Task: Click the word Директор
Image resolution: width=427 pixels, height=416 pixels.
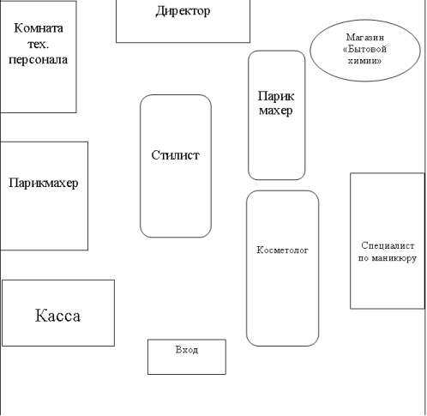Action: point(183,11)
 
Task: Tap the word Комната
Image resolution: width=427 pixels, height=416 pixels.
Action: point(39,28)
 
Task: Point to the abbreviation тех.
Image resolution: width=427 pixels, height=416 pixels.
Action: point(39,44)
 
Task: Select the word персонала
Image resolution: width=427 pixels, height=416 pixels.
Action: point(39,60)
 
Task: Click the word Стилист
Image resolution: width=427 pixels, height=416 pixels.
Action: point(175,155)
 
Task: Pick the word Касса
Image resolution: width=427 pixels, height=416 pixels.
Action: point(57,316)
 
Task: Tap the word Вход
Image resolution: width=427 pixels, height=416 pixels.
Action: point(187,350)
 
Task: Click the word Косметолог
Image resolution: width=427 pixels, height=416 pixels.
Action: point(282,250)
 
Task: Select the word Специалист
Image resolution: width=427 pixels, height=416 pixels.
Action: point(388,245)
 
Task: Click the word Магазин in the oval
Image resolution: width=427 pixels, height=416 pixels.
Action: point(365,38)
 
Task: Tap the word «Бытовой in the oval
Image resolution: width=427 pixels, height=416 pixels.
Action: point(364,49)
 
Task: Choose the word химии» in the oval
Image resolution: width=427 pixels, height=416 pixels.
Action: point(364,61)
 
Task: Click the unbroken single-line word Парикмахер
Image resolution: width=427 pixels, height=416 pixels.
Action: point(44,183)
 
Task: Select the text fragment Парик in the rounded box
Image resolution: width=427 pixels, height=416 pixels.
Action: point(276,96)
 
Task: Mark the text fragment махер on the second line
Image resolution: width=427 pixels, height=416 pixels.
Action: point(276,111)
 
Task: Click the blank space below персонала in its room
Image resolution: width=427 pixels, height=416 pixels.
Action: point(39,88)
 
